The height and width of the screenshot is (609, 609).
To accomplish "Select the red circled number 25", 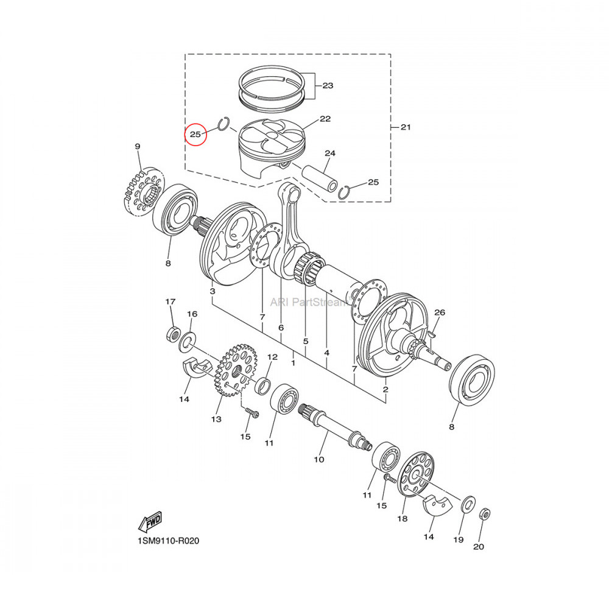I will [x=195, y=133].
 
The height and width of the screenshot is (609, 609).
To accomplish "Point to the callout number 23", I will [x=328, y=86].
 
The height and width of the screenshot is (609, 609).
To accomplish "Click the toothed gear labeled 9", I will [x=144, y=190].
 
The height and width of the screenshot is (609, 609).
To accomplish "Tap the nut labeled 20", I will [x=485, y=514].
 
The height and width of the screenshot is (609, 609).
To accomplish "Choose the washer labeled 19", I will [x=468, y=503].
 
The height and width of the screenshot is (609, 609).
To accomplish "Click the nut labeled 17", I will [x=173, y=333].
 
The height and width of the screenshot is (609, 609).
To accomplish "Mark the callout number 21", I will [x=406, y=127].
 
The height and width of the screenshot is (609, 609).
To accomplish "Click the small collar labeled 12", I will [x=264, y=385].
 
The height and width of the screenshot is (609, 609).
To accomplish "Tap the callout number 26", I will [x=439, y=312].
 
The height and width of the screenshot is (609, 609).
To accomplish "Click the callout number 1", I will [x=293, y=363].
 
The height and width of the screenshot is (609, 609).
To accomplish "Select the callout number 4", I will [x=326, y=353].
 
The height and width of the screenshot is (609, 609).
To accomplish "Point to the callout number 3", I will [x=212, y=292].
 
